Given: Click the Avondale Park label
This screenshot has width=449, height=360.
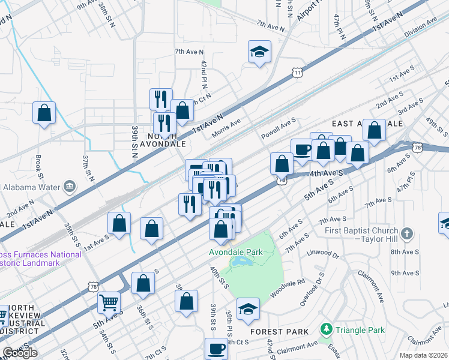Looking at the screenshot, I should [236, 252].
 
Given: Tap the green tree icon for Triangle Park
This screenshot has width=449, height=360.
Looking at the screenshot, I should [326, 329].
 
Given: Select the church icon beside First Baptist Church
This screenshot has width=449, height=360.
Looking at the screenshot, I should [407, 233].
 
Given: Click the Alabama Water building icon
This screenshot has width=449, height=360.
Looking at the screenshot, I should [70, 185].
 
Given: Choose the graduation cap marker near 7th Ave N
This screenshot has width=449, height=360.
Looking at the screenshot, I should [259, 52].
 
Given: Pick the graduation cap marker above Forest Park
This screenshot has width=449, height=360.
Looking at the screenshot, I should [248, 309].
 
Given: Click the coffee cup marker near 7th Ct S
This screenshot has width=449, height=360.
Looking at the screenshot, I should [216, 348].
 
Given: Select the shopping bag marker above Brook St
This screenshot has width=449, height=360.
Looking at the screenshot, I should [44, 113].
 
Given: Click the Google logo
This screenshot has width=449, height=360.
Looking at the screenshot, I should [20, 353].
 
